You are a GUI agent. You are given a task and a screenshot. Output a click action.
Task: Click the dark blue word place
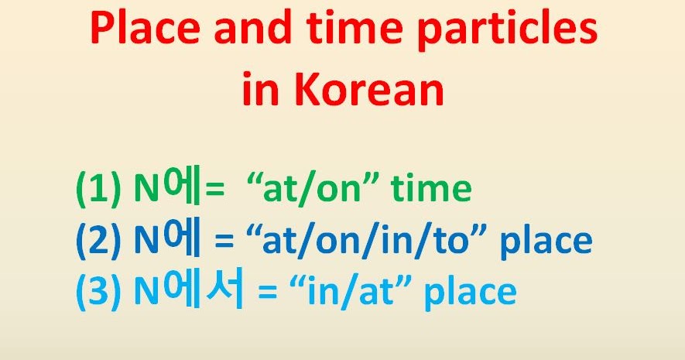(x=546, y=242)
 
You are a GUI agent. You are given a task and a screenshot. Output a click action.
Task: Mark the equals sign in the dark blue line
(x=224, y=242)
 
